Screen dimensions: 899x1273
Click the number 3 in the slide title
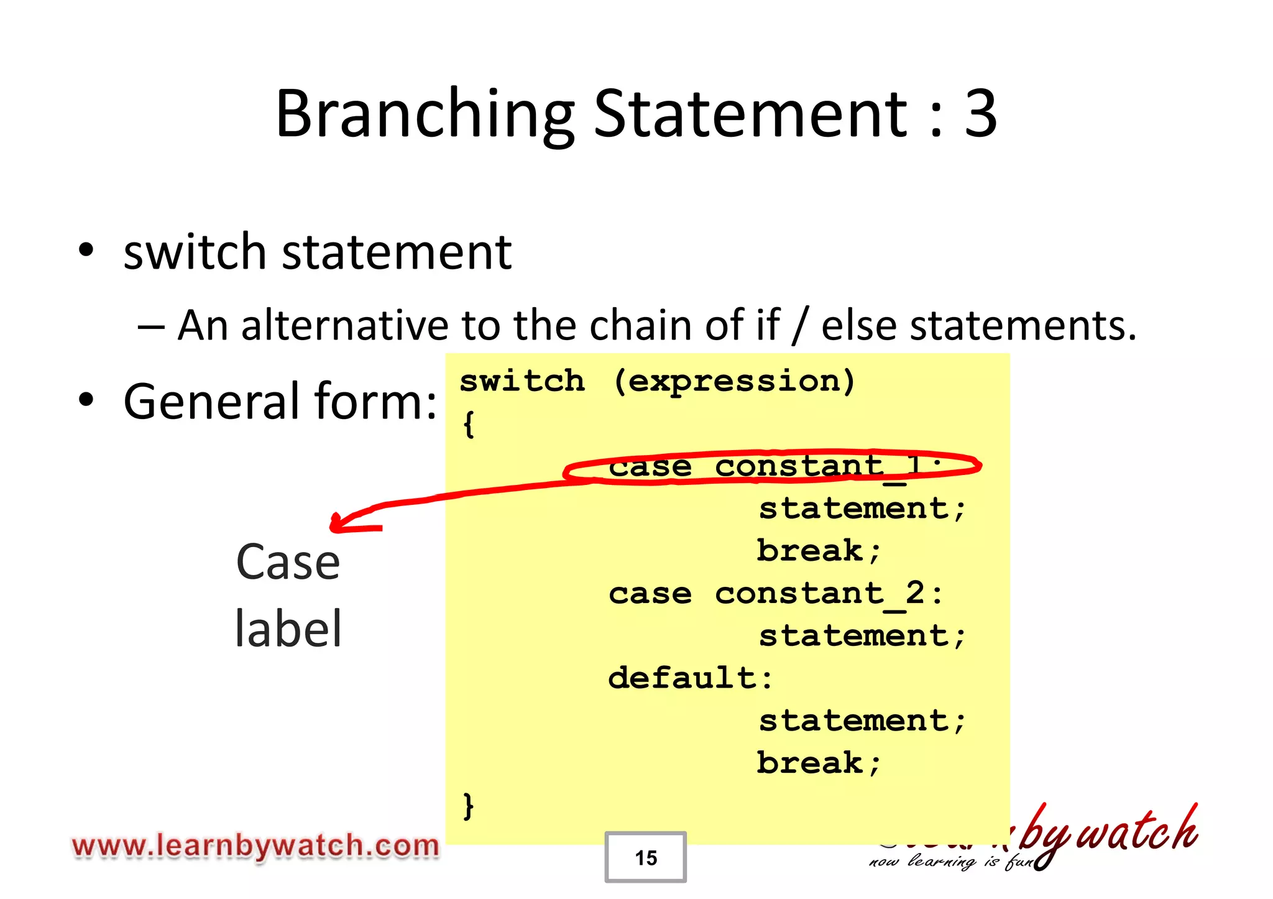(980, 114)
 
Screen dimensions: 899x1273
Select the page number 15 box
(645, 857)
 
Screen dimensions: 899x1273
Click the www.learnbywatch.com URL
(255, 846)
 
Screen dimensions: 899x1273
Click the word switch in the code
(522, 381)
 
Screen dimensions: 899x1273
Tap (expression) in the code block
(734, 381)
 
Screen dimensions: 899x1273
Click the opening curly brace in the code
(469, 425)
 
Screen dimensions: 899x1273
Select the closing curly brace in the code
(469, 806)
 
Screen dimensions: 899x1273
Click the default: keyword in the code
(690, 678)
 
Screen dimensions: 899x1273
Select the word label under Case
(288, 628)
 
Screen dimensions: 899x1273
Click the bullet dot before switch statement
(86, 251)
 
